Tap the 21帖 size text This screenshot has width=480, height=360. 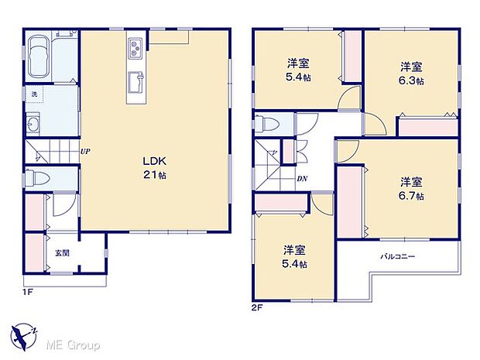(x=153, y=175)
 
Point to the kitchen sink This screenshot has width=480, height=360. (x=133, y=78)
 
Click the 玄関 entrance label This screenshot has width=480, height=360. (x=61, y=253)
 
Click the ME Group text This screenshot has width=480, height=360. (x=76, y=344)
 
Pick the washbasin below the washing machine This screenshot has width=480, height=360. (x=34, y=124)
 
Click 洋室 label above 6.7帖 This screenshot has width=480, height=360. (x=411, y=183)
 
